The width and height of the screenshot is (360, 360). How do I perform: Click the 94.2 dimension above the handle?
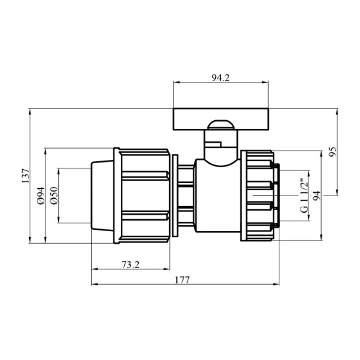tap(221, 78)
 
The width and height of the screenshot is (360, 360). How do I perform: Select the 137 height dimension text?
tap(26, 176)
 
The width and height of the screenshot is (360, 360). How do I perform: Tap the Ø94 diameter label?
tap(41, 196)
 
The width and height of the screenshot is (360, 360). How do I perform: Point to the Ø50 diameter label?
tap(54, 196)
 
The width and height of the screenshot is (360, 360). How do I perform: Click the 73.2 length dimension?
tap(130, 265)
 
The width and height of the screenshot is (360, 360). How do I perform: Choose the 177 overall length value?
tap(182, 280)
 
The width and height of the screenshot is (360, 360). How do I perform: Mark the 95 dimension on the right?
tap(332, 151)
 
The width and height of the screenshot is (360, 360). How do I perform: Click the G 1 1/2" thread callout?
tap(304, 196)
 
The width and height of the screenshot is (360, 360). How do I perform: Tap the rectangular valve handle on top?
tap(221, 119)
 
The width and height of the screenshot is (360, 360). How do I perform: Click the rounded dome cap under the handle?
tap(221, 125)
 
